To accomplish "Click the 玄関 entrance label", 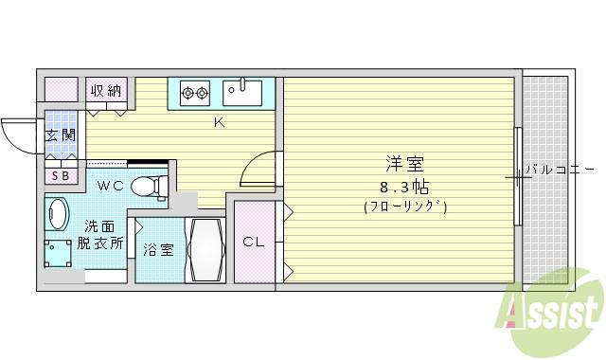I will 61,135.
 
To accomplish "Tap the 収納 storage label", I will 107,91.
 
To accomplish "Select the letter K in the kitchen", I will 218,122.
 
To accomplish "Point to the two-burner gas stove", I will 195,93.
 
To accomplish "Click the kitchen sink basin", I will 243,93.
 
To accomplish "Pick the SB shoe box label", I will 61,175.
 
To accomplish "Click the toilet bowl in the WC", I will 146,185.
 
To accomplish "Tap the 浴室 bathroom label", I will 158,250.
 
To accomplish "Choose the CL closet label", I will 253,242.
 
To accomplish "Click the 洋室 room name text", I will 404,163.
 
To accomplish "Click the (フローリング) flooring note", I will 404,206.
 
